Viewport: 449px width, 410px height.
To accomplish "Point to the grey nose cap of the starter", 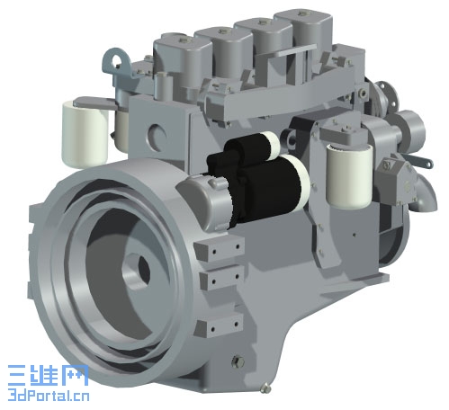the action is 204,200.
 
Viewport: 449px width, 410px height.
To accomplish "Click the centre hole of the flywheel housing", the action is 144,270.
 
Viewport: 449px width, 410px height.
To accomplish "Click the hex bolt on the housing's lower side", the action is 238,361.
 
